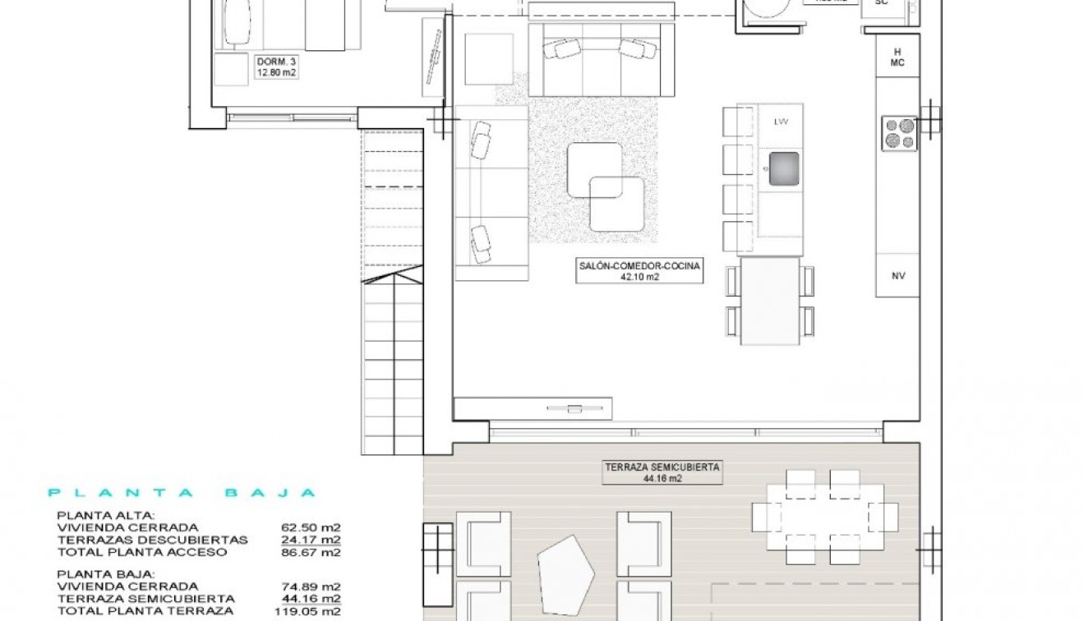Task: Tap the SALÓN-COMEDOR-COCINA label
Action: point(639,271)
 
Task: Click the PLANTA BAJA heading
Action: point(182,493)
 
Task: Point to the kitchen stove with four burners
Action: point(899,134)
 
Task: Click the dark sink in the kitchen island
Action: point(783,168)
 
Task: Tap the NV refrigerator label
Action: point(897,277)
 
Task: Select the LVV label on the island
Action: point(780,122)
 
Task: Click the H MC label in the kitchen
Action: point(897,57)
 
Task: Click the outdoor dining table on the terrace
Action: point(824,516)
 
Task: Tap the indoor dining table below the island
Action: point(770,300)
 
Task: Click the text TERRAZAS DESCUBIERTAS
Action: point(152,540)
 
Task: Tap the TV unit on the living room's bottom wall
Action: point(533,408)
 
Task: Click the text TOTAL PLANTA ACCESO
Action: point(142,553)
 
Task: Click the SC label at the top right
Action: point(882,2)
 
